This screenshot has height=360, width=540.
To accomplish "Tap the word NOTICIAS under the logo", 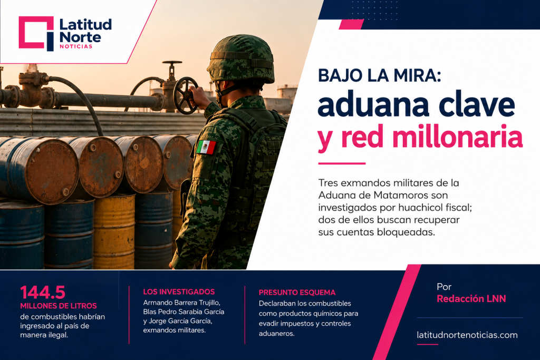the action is pos(76,46).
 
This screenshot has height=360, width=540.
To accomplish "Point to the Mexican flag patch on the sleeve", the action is pos(206,147).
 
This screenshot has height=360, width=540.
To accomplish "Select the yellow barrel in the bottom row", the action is pos(114,231).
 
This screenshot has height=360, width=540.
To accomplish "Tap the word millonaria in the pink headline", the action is pos(457,137).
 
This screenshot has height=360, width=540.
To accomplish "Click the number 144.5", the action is pos(43,293).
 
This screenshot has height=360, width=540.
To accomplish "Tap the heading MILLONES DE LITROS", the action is pos(59,306).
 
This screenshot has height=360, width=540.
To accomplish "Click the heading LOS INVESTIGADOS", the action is pos(179,292).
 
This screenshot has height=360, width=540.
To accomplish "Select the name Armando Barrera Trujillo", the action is pos(181,303).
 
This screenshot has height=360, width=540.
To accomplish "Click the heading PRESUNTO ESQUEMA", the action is pos(297,293).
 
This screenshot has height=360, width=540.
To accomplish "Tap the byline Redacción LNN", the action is pos(471,298).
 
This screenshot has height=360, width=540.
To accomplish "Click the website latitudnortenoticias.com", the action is pos(467,335).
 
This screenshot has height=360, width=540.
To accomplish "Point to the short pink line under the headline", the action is pos(342,163).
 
